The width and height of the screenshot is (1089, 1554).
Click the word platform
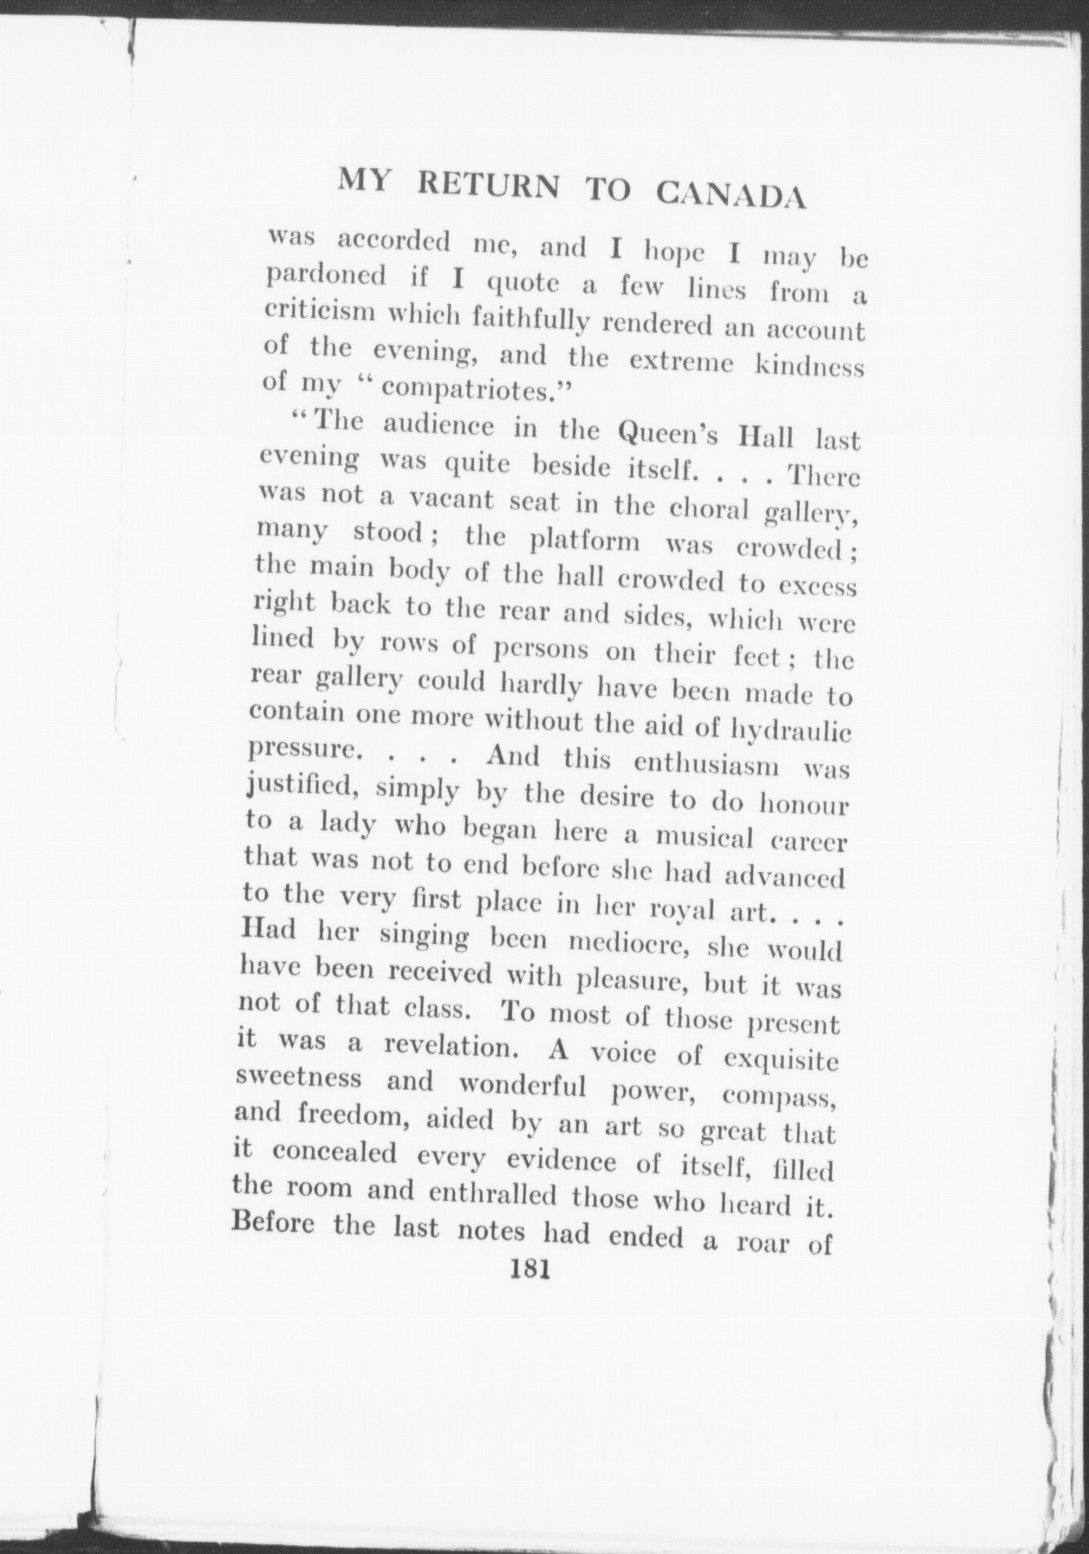[586, 540]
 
